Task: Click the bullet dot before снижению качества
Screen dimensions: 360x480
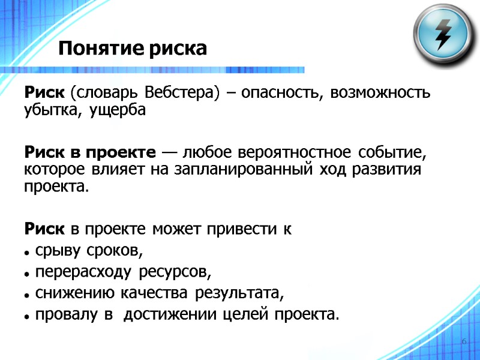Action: tap(28, 294)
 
